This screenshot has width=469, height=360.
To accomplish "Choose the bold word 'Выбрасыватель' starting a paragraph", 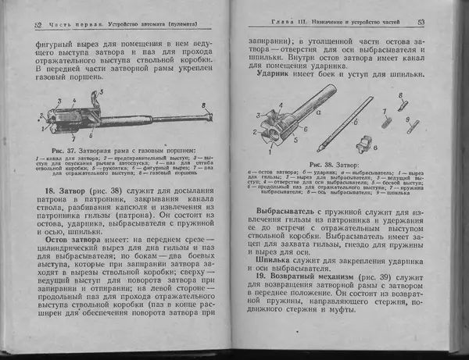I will pyautogui.click(x=290, y=211).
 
